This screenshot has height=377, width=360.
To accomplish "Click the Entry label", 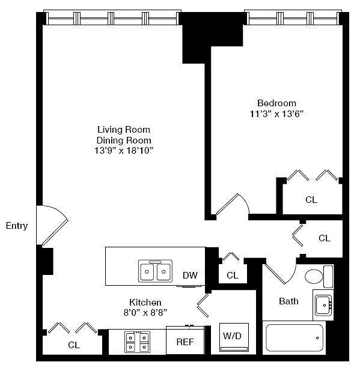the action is (x=17, y=226).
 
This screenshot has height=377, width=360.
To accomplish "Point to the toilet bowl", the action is (x=314, y=277).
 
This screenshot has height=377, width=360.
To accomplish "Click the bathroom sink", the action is (x=324, y=306).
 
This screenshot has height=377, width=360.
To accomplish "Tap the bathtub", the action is (x=294, y=338).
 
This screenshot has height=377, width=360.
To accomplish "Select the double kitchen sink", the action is (x=155, y=271).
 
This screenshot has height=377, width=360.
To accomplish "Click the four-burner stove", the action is (x=137, y=342).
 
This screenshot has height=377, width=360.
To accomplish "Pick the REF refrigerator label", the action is (x=185, y=342).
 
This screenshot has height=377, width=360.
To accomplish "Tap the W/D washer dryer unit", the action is (x=234, y=337).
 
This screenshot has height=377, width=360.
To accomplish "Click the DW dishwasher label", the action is (x=190, y=276).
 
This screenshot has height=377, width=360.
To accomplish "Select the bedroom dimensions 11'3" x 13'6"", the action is (x=276, y=113).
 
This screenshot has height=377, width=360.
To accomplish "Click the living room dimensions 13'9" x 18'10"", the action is (x=124, y=151).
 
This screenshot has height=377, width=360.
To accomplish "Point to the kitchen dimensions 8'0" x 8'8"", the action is (x=145, y=313).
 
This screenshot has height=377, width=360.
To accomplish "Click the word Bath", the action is (x=288, y=301).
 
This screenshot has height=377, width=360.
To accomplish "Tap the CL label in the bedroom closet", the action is (x=311, y=199).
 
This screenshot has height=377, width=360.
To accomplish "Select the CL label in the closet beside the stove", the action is (x=74, y=345).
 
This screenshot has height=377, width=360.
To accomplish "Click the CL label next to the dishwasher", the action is (x=232, y=276).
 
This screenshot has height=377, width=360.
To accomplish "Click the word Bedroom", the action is (x=276, y=103).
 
